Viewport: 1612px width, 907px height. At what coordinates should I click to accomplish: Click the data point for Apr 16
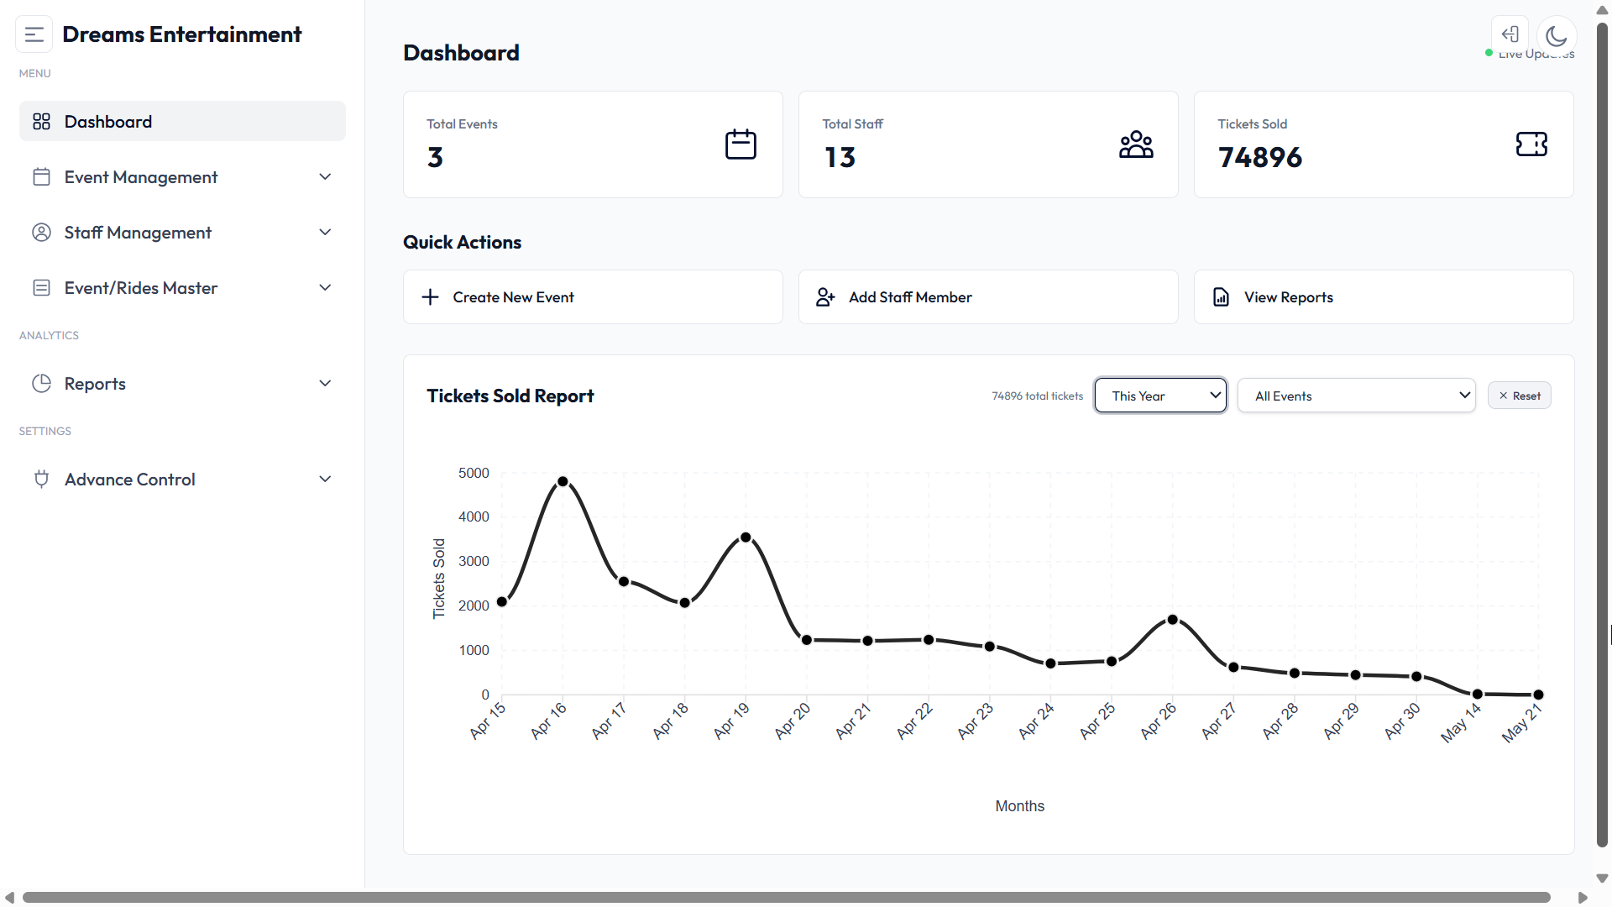point(563,482)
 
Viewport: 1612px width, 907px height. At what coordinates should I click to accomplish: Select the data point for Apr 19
point(746,537)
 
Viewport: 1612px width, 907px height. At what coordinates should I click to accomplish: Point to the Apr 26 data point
point(1172,620)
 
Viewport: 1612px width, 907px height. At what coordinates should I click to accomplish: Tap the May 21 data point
point(1538,695)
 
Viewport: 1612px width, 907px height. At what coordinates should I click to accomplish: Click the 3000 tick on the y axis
point(474,561)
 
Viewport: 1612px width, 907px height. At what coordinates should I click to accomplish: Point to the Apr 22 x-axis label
point(913,721)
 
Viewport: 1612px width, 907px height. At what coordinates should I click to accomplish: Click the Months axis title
point(1019,806)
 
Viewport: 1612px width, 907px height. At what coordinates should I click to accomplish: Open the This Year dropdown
point(1160,396)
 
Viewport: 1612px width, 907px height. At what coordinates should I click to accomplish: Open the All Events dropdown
point(1357,396)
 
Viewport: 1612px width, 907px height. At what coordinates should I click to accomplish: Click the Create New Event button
point(593,297)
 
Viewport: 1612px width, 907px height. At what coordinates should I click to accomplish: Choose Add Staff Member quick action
point(988,297)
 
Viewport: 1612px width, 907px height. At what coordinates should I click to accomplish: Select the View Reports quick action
point(1384,297)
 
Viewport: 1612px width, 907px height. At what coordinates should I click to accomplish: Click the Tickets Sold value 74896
point(1259,157)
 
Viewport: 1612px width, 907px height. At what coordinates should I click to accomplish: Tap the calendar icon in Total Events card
point(741,144)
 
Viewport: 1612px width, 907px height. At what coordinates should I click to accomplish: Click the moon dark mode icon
point(1557,35)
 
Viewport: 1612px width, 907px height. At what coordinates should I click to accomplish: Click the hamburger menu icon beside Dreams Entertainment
point(34,34)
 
